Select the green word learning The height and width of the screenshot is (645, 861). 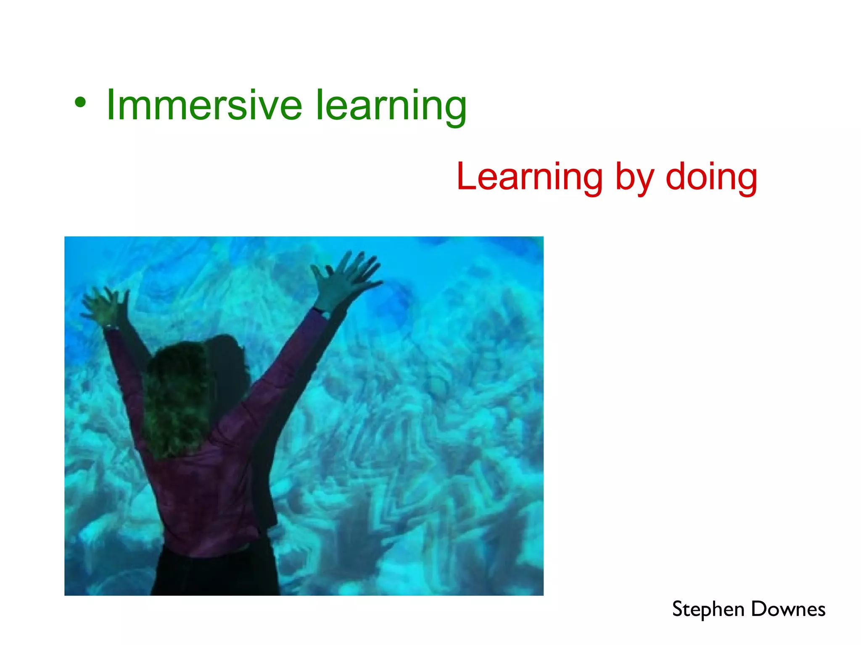[x=391, y=106]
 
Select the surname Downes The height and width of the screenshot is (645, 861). [x=788, y=609]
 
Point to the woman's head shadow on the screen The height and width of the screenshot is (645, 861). [x=229, y=361]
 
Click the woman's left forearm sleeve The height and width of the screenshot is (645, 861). [x=120, y=357]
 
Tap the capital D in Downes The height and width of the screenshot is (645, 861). [x=759, y=609]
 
